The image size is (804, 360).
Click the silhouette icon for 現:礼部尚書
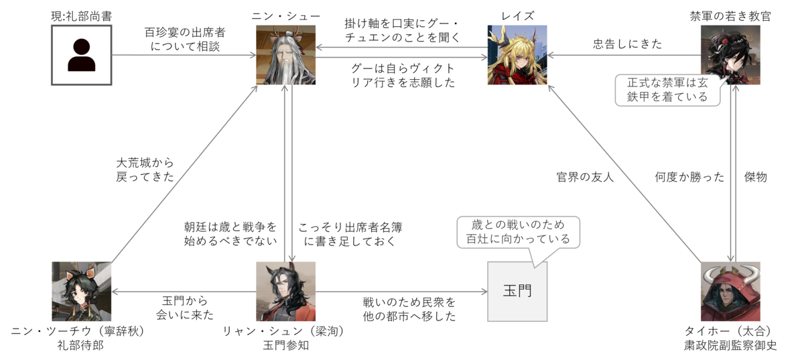pyautogui.click(x=82, y=55)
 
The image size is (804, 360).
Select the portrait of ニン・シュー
pyautogui.click(x=285, y=55)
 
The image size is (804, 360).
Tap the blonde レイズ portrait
pyautogui.click(x=517, y=55)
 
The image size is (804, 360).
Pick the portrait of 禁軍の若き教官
pyautogui.click(x=730, y=55)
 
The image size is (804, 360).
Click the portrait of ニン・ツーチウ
pyautogui.click(x=82, y=292)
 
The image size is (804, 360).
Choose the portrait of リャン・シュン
pyautogui.click(x=285, y=292)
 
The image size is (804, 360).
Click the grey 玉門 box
pyautogui.click(x=517, y=292)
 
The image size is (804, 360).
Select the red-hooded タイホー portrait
pyautogui.click(x=730, y=292)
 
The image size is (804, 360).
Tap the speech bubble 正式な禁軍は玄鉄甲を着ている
pyautogui.click(x=667, y=91)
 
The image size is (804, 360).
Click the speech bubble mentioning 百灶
pyautogui.click(x=519, y=232)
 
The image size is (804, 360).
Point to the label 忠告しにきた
pyautogui.click(x=627, y=44)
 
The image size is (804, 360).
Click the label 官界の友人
pyautogui.click(x=585, y=177)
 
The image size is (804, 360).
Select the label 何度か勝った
pyautogui.click(x=689, y=177)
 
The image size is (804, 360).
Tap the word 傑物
pyautogui.click(x=756, y=177)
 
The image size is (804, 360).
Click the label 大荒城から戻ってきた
pyautogui.click(x=145, y=170)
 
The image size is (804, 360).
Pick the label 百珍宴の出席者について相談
pyautogui.click(x=185, y=39)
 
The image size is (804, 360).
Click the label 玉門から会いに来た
pyautogui.click(x=185, y=308)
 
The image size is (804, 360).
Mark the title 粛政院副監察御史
pyautogui.click(x=730, y=345)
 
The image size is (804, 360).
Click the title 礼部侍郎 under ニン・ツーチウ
pyautogui.click(x=81, y=345)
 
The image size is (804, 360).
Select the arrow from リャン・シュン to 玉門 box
pyautogui.click(x=401, y=292)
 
